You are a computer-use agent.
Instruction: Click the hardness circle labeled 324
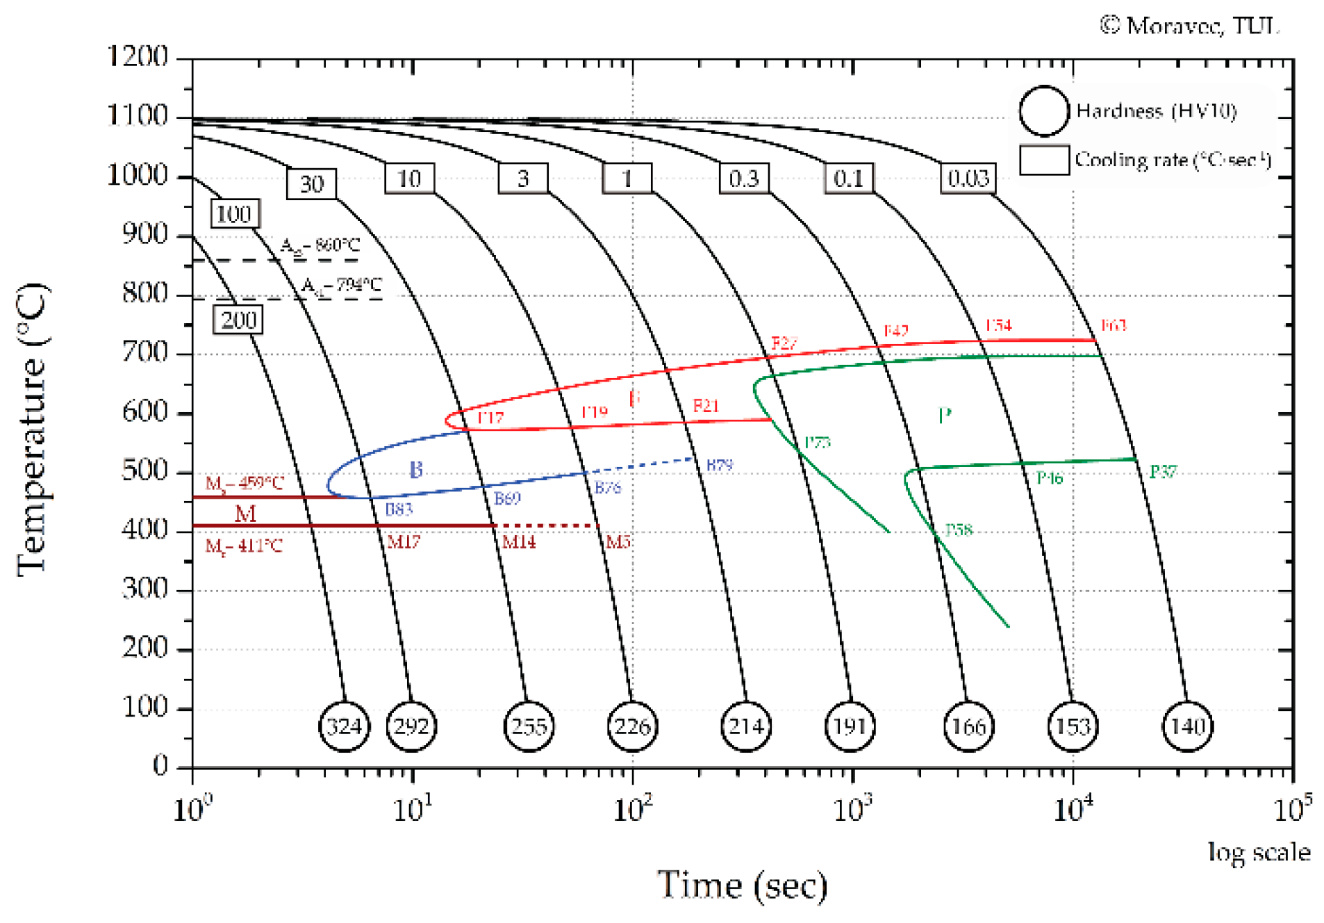(x=344, y=726)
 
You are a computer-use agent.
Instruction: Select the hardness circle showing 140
(x=1187, y=726)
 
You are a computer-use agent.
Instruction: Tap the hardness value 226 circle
(x=631, y=726)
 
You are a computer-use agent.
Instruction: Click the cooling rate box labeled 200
(x=238, y=320)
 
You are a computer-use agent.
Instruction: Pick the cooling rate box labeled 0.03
(x=968, y=178)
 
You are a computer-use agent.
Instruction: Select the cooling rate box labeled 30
(x=311, y=183)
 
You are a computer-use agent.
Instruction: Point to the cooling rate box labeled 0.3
(x=743, y=178)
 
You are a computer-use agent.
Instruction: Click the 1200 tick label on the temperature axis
(x=137, y=56)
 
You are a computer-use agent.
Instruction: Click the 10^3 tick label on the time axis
(x=852, y=808)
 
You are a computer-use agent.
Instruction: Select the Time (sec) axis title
(x=742, y=885)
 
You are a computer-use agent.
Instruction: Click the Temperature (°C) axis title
(x=32, y=429)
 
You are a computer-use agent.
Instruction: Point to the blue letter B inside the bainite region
(x=415, y=470)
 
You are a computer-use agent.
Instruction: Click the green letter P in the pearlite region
(x=944, y=416)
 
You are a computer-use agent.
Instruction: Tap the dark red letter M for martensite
(x=245, y=514)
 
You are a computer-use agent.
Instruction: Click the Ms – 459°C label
(x=245, y=482)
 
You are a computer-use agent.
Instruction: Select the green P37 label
(x=1163, y=472)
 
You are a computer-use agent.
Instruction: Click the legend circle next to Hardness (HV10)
(x=1043, y=111)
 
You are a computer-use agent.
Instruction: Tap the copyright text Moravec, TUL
(x=1189, y=26)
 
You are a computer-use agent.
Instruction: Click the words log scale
(x=1258, y=851)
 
